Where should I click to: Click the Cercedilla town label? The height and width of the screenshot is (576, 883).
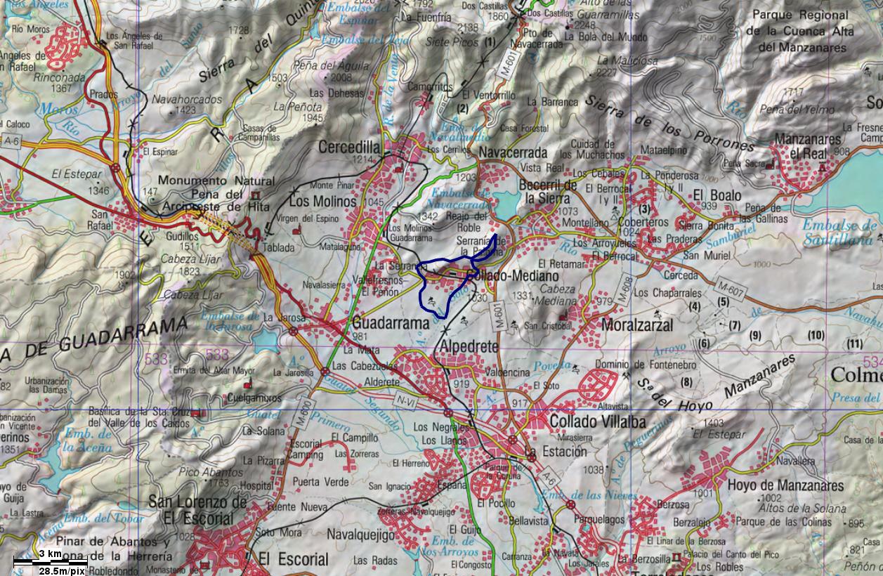(x=349, y=148)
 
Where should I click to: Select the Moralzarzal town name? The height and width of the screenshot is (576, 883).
(x=637, y=325)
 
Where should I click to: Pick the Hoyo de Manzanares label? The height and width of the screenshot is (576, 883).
(x=785, y=485)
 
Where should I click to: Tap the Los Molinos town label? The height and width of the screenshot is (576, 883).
(x=323, y=202)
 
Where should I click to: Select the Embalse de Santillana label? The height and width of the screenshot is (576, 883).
(x=840, y=233)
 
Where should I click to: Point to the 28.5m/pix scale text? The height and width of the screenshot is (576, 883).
(x=62, y=571)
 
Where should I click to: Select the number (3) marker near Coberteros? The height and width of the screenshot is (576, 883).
(x=645, y=209)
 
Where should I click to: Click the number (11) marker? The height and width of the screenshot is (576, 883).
(x=854, y=343)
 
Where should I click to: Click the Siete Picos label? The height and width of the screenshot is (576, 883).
(x=452, y=41)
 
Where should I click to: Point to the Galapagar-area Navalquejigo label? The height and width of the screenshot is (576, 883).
(x=361, y=535)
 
